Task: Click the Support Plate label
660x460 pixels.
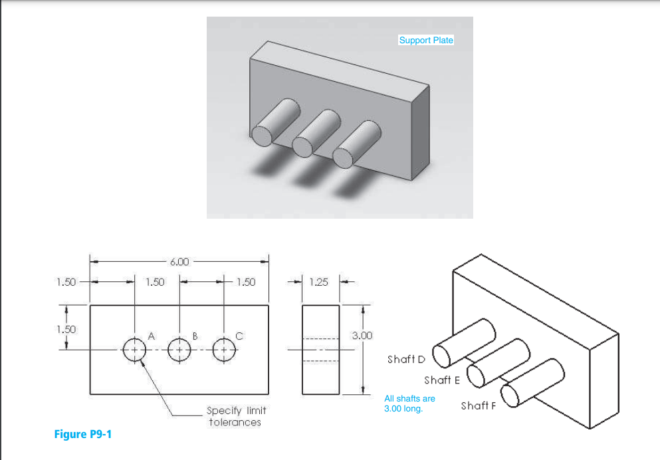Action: [425, 41]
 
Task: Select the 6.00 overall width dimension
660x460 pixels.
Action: [179, 262]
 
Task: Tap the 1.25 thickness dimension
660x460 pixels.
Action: [319, 283]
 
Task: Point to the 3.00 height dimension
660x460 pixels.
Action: [362, 335]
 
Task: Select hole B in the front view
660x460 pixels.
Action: [179, 348]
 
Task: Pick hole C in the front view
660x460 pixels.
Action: [224, 348]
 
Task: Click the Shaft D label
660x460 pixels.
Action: [406, 360]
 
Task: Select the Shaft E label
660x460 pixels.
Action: [442, 380]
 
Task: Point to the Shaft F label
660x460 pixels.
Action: [478, 405]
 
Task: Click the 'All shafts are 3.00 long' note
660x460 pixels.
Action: [409, 403]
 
